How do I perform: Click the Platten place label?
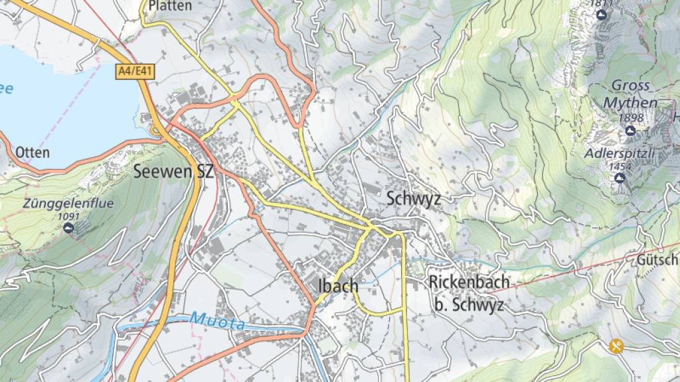[x=170, y=6]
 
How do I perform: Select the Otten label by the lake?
[x=33, y=153]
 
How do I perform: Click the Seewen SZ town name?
[x=173, y=172]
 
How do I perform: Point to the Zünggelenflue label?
[x=68, y=204]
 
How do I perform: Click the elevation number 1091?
[x=68, y=216]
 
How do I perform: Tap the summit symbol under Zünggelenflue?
[x=68, y=228]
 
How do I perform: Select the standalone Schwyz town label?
[x=414, y=198]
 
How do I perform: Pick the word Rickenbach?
[x=469, y=282]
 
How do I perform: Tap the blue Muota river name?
[x=217, y=322]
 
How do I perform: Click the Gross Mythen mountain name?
[x=630, y=94]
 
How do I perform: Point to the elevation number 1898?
[x=630, y=118]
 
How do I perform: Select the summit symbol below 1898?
[x=630, y=131]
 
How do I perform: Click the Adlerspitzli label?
[x=620, y=153]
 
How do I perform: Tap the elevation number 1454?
[x=620, y=166]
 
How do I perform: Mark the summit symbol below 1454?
[x=620, y=178]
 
